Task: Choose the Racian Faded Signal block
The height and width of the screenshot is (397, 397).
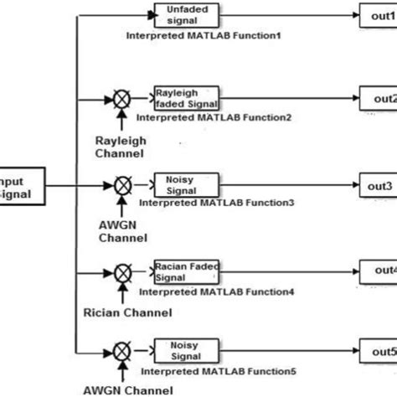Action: coord(186,271)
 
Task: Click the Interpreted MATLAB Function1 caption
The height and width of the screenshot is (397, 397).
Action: coord(204,37)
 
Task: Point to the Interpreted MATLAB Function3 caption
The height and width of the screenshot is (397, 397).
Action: coord(216,203)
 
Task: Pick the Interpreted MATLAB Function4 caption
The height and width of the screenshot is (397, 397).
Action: coord(216,291)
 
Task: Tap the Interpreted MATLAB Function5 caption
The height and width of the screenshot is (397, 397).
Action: coord(216,371)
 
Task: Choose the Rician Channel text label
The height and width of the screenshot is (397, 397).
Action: coord(127,312)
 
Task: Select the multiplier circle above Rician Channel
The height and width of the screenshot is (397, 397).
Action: coord(123,271)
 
